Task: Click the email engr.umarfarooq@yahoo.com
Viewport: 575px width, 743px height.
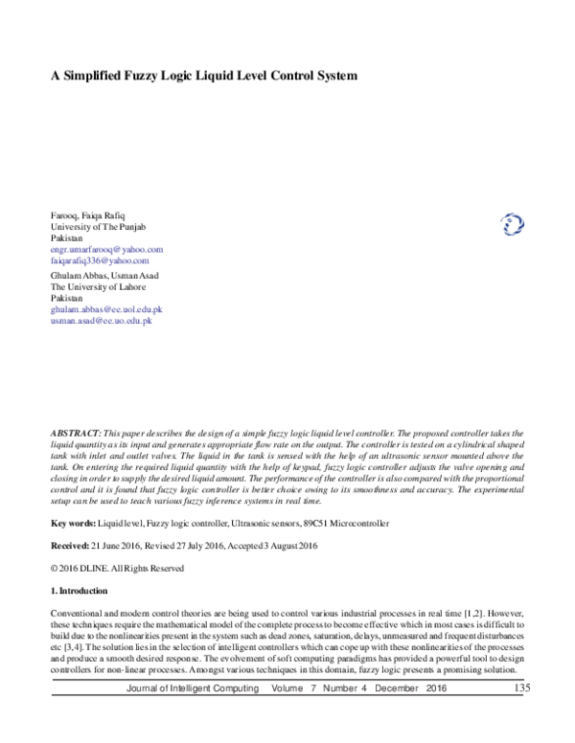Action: point(107,249)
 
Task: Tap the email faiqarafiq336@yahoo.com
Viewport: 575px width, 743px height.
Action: point(100,260)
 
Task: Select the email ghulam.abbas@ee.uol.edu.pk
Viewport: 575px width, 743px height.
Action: point(106,310)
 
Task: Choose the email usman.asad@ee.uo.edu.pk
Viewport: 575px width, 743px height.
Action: point(101,322)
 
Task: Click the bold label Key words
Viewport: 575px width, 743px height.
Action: point(73,525)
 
